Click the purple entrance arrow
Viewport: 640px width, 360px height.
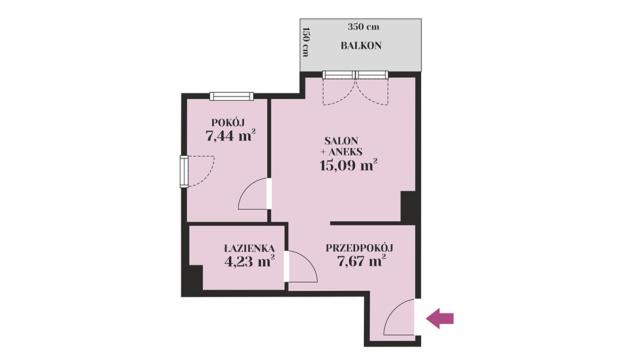[439, 318]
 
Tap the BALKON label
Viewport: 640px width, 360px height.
[361, 46]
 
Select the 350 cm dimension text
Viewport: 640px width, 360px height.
[363, 27]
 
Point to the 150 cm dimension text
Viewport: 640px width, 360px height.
[306, 42]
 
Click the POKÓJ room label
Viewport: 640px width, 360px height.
[228, 123]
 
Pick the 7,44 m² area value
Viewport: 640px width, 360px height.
[230, 135]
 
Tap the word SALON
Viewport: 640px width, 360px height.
[341, 141]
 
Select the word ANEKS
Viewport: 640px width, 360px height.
[346, 151]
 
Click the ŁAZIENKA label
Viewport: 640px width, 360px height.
[250, 249]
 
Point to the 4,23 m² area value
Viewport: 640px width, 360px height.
[250, 261]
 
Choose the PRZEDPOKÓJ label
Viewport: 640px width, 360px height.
[359, 247]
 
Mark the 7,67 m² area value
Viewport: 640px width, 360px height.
[362, 261]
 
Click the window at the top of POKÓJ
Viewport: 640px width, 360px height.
[231, 97]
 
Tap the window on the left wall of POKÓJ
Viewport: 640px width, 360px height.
[184, 171]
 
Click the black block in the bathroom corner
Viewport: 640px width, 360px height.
[196, 277]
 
